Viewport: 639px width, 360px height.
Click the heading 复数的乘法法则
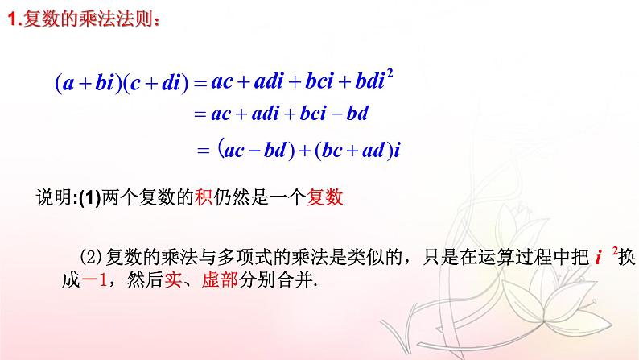88,23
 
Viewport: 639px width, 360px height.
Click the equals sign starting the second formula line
200,114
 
